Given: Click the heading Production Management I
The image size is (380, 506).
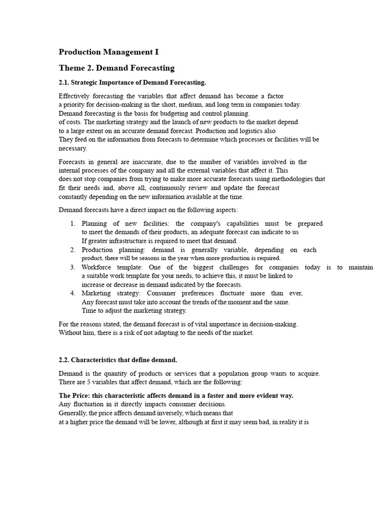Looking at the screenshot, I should click(109, 52).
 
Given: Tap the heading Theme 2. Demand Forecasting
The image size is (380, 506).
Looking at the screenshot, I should click(116, 68).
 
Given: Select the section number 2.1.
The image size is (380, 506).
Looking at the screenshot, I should click(64, 82).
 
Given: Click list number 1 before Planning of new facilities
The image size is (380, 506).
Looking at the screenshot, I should click(72, 223).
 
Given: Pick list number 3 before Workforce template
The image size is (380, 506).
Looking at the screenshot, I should click(72, 267).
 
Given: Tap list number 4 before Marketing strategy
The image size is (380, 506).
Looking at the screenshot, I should click(72, 293).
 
